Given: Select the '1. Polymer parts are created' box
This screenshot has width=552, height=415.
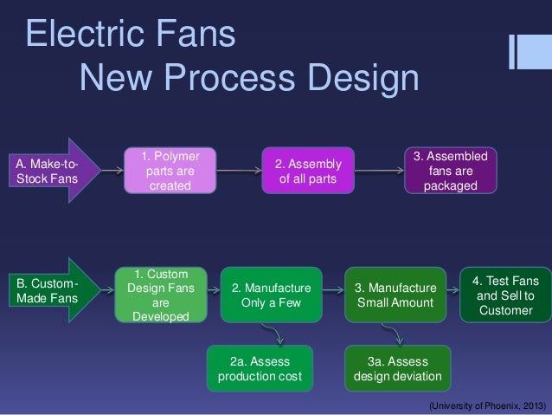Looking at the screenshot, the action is point(170,172).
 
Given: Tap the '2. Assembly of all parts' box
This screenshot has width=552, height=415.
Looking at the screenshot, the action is point(308,172).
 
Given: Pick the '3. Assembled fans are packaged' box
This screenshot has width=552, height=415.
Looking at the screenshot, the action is point(450,172).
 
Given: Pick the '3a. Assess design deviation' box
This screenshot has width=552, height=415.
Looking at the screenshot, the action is point(397,368).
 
